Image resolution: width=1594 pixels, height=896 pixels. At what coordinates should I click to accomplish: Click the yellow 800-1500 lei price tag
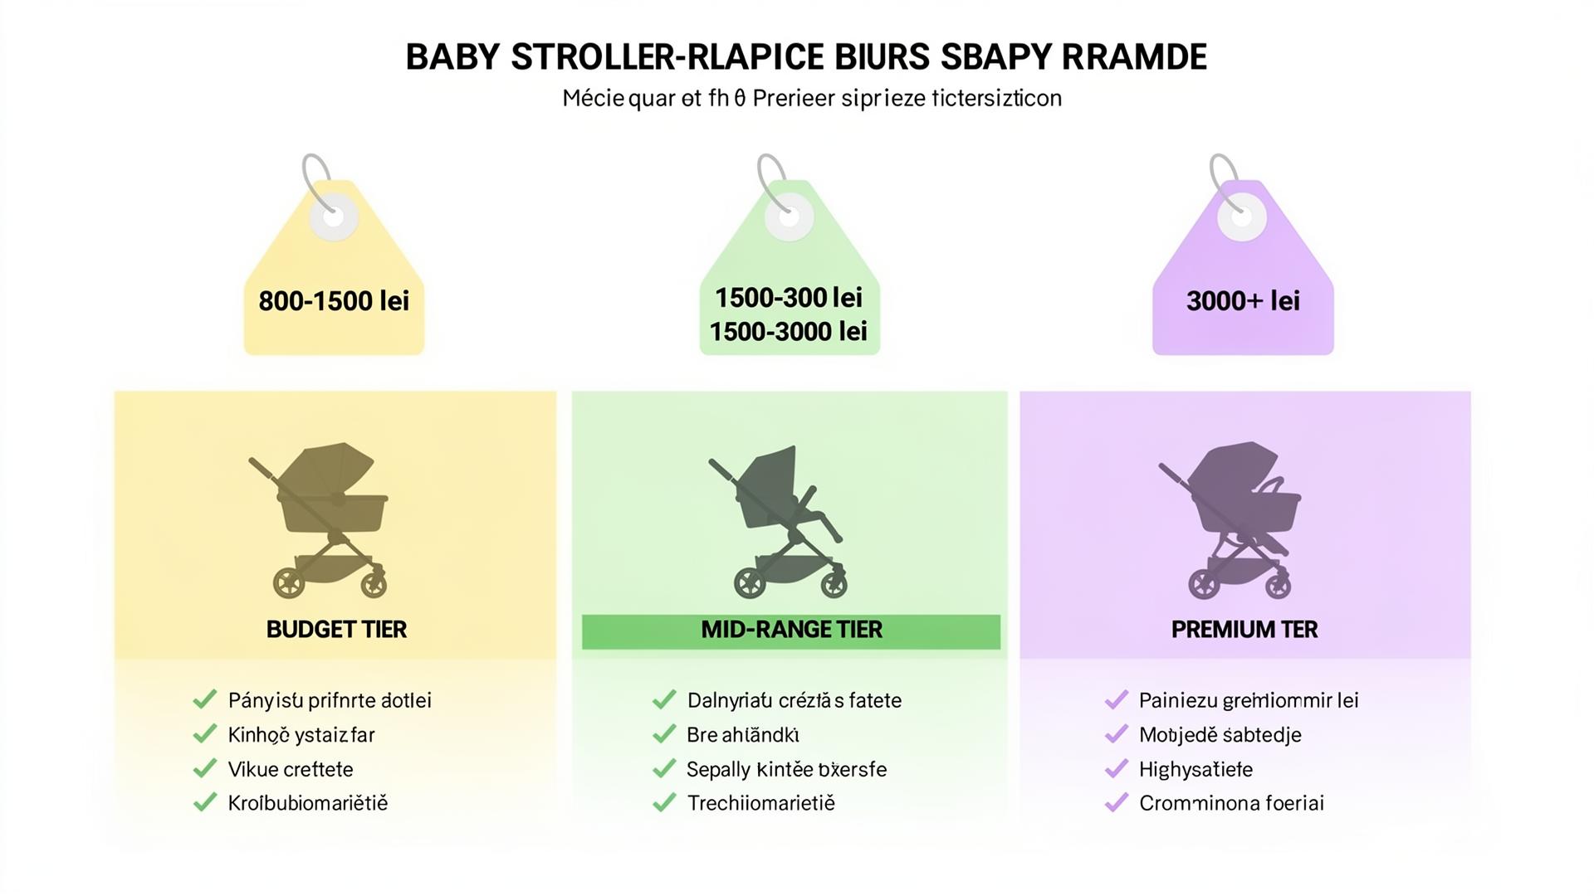tap(334, 282)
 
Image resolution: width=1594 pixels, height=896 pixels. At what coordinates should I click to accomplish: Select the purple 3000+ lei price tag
tap(1243, 282)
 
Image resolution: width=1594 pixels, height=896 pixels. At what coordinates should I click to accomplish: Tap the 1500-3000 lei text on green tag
tap(789, 332)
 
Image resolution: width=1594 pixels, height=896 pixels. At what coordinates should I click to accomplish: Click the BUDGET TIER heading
tap(336, 630)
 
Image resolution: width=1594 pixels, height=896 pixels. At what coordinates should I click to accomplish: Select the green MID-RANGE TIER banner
tap(790, 631)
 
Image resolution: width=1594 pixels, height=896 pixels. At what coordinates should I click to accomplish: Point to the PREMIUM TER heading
tap(1244, 630)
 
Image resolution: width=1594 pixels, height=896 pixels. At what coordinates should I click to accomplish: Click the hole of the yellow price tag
tap(334, 217)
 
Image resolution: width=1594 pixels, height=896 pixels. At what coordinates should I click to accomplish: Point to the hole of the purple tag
tap(1242, 217)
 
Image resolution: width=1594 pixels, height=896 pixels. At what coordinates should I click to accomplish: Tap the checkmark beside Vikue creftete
tap(204, 769)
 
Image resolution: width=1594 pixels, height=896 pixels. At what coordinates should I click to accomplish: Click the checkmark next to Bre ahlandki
tap(664, 734)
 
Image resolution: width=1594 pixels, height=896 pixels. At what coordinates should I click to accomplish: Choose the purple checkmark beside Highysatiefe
tap(1116, 769)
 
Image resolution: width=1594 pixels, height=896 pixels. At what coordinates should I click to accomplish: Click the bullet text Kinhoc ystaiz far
tap(301, 735)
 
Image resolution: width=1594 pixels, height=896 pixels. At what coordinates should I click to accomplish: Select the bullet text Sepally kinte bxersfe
tap(786, 770)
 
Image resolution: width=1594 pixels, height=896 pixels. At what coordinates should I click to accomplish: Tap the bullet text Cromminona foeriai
tap(1231, 803)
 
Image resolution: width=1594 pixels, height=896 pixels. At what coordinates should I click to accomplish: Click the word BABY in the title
tap(452, 57)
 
